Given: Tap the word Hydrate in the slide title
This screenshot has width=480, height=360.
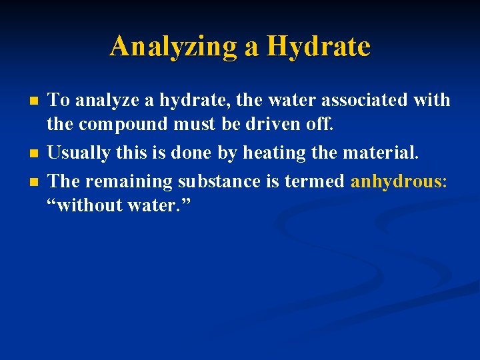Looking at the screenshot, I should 318,47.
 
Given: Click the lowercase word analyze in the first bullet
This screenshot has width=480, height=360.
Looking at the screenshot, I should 106,101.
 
